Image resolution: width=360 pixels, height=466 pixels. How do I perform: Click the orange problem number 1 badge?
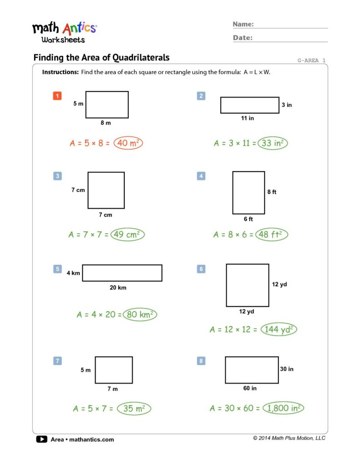click(57, 96)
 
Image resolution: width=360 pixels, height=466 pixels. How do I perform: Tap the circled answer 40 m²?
click(128, 143)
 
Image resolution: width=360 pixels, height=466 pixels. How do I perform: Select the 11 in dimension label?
click(248, 118)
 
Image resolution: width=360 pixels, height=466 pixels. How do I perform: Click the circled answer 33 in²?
click(273, 143)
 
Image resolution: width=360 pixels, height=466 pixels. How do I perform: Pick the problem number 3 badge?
click(57, 176)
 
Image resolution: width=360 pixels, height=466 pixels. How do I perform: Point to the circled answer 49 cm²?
click(127, 234)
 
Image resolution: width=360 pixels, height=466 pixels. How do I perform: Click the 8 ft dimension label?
click(272, 192)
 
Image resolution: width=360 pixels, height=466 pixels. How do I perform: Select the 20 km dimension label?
click(118, 288)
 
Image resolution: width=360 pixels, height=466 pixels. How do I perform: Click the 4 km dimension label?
click(73, 273)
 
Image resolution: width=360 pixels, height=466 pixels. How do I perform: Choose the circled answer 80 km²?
click(139, 314)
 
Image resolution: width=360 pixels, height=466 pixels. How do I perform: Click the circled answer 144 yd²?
click(279, 329)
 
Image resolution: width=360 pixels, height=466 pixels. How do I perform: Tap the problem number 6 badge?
click(201, 269)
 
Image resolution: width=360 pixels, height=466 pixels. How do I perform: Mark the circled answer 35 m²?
click(134, 409)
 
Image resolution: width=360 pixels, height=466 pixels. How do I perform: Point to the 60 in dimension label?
click(250, 388)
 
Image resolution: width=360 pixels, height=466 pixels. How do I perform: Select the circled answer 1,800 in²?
click(284, 408)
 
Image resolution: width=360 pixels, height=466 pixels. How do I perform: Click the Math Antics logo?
click(64, 32)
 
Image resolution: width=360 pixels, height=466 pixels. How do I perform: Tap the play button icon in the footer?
click(41, 439)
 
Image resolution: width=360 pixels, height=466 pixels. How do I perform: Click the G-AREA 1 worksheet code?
click(311, 60)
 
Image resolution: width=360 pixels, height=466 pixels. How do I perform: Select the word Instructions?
click(60, 72)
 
